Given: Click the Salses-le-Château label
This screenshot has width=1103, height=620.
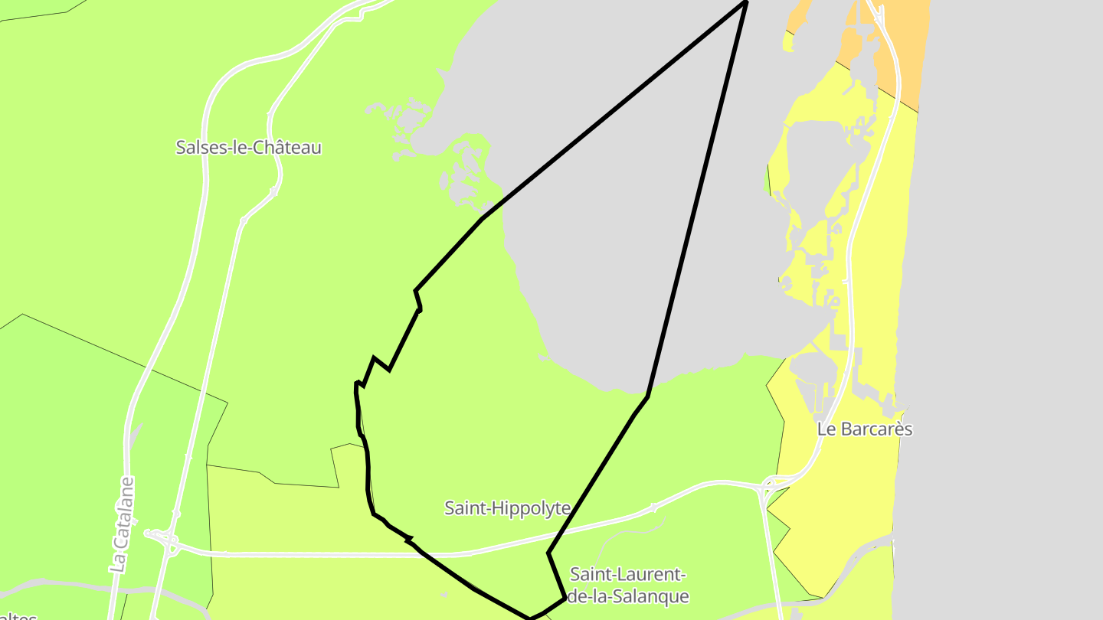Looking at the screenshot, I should click(248, 148).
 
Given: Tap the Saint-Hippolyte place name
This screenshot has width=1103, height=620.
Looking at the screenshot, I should click(507, 507).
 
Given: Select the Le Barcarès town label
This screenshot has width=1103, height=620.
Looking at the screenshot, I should click(865, 429).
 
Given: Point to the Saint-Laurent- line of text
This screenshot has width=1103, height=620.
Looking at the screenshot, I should click(627, 574).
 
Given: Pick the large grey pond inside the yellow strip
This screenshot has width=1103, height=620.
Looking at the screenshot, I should click(812, 161).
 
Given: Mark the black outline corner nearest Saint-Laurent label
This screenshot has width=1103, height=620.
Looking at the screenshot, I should click(565, 597).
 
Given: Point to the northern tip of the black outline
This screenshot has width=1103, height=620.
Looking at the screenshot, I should click(745, 2).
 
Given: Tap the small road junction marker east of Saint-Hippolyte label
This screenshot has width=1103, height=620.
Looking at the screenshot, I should click(653, 507).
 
